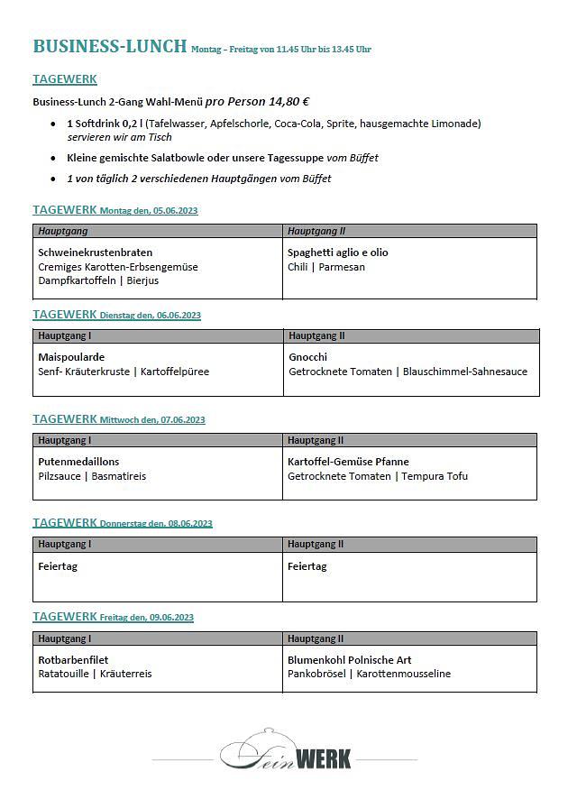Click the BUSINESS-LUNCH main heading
[x=110, y=46]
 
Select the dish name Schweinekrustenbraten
[x=95, y=252]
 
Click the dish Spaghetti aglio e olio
[x=337, y=252]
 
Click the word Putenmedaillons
[x=78, y=462]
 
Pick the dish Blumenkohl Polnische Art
[x=349, y=660]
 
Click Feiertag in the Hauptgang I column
[x=56, y=566]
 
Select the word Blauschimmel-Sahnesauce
[x=465, y=372]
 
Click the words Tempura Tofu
[x=435, y=476]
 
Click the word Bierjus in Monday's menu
[x=142, y=280]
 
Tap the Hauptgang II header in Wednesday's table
[x=316, y=440]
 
